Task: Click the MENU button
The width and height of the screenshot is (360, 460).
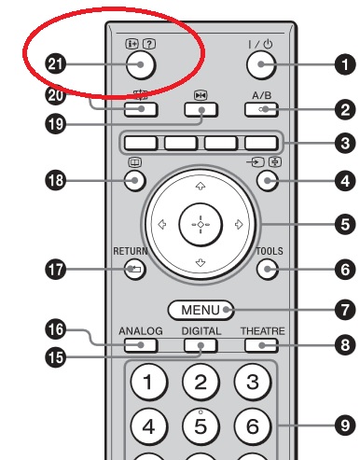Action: click(x=201, y=310)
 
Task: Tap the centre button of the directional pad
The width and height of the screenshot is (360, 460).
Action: click(x=201, y=225)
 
